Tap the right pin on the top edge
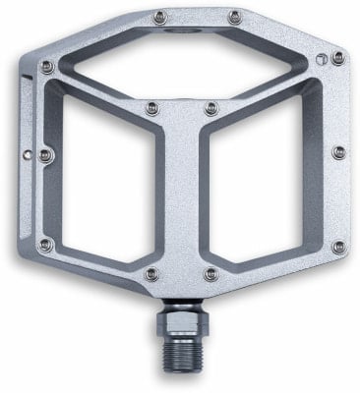233,15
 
